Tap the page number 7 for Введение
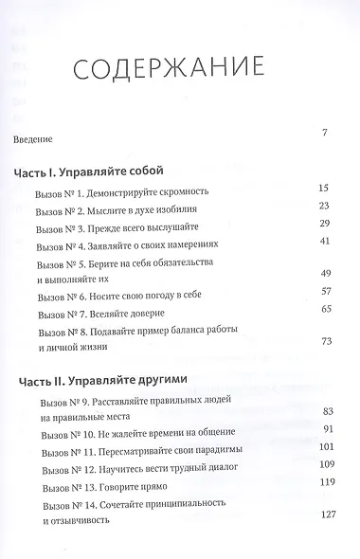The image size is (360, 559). click(x=324, y=132)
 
